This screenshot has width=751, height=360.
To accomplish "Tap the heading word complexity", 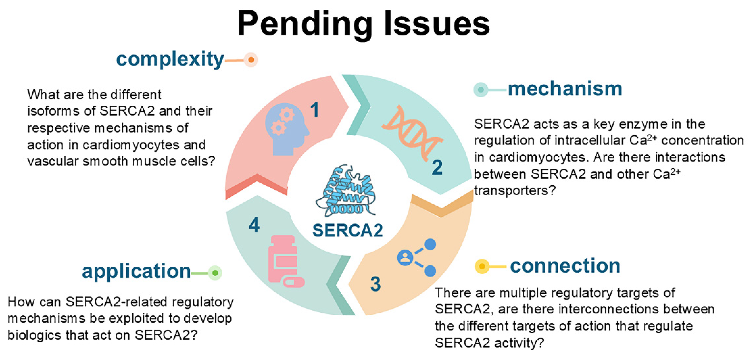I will click(170, 59).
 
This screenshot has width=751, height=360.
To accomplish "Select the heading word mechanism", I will click(565, 89).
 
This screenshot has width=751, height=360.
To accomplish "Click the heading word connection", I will click(565, 266).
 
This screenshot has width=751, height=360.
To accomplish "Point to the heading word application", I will click(136, 271).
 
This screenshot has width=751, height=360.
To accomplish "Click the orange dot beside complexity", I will click(251, 60).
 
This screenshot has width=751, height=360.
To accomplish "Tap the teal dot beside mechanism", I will click(481, 90).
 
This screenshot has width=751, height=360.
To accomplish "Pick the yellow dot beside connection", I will click(482, 266).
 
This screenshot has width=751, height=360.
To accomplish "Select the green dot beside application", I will click(215, 273).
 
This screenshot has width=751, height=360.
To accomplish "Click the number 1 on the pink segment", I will click(314, 110).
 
